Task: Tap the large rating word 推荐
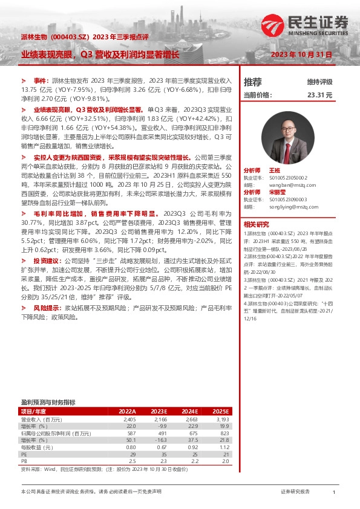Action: tap(252, 82)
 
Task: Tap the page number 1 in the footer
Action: tap(334, 493)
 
